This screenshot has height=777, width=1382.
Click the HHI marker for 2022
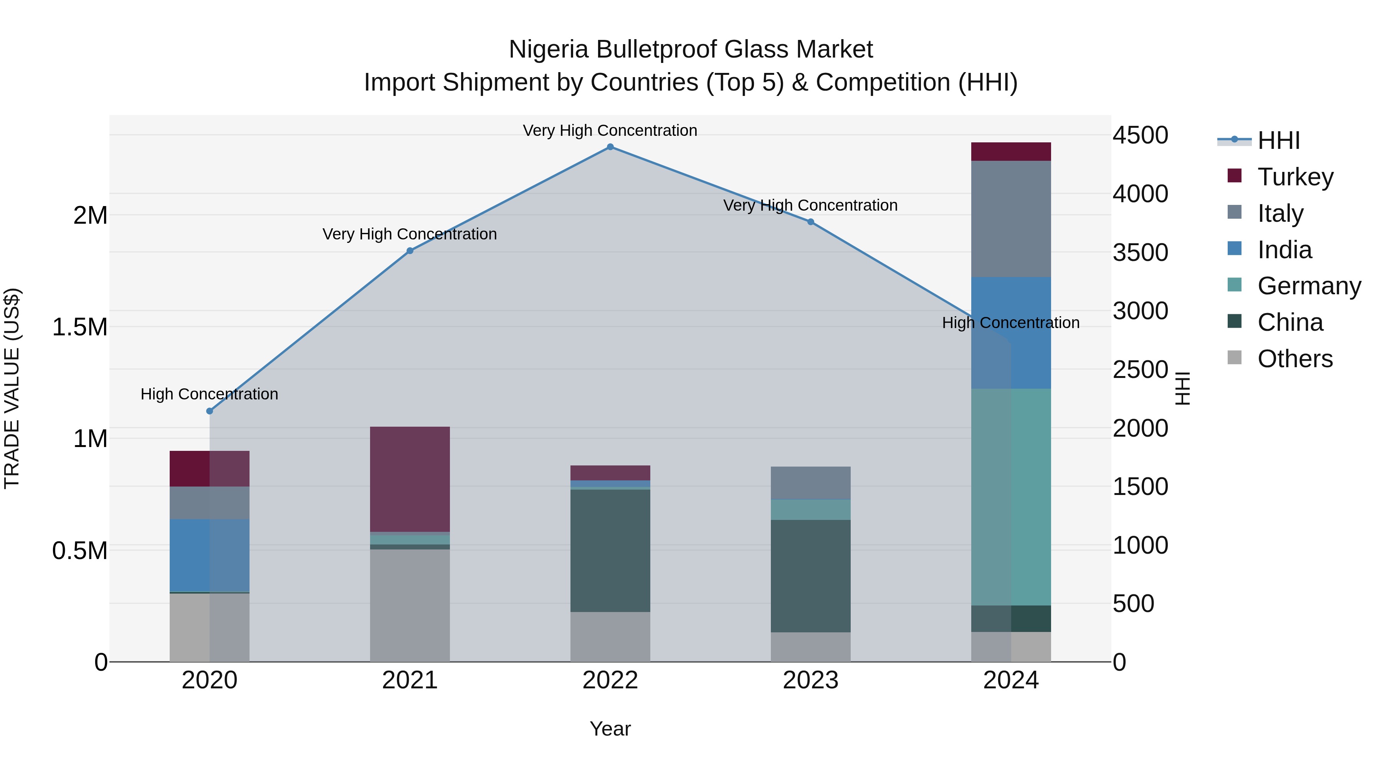[610, 147]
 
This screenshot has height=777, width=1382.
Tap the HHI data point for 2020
[210, 411]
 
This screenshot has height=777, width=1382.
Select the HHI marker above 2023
[811, 222]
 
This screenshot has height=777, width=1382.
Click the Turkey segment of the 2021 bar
[410, 479]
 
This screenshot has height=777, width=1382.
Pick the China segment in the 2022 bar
[610, 550]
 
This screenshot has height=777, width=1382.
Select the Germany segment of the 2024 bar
[1011, 497]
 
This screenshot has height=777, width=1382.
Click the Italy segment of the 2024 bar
[1011, 219]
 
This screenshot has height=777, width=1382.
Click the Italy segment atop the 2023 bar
[811, 483]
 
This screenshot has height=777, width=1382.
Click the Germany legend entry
[1309, 286]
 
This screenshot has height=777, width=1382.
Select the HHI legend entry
[1278, 140]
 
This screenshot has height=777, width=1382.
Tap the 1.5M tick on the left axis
[80, 327]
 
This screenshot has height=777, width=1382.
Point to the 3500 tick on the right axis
[1140, 252]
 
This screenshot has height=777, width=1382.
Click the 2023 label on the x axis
[811, 680]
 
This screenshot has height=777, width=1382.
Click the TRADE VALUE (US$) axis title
[12, 388]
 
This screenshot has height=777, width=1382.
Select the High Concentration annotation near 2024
[1011, 323]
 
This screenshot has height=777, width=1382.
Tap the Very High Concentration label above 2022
[610, 130]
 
